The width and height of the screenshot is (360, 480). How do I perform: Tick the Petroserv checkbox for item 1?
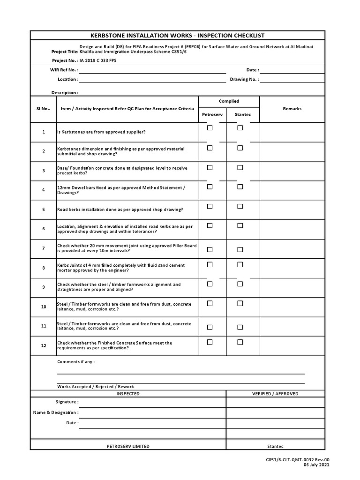click(210, 128)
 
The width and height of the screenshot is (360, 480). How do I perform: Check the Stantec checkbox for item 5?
click(240, 206)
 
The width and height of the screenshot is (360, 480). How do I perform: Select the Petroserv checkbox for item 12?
click(210, 342)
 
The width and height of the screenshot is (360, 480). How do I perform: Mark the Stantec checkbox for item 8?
click(240, 265)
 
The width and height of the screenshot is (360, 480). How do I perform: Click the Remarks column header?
click(292, 109)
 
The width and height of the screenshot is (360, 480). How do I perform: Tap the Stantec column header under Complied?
click(242, 114)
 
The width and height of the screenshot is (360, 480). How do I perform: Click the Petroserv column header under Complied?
click(212, 114)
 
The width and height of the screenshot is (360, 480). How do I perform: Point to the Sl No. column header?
click(43, 109)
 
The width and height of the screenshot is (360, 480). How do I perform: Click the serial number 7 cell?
click(43, 248)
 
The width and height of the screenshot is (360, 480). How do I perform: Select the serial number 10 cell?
click(43, 307)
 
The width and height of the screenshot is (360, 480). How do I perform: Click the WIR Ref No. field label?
click(64, 70)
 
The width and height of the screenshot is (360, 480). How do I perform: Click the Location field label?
click(68, 80)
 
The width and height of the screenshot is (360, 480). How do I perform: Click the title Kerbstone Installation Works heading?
click(177, 36)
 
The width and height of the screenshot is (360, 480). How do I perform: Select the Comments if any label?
click(76, 362)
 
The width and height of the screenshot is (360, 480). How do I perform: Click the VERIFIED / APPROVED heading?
click(275, 394)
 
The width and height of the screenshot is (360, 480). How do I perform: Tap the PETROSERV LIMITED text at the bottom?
click(128, 446)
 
